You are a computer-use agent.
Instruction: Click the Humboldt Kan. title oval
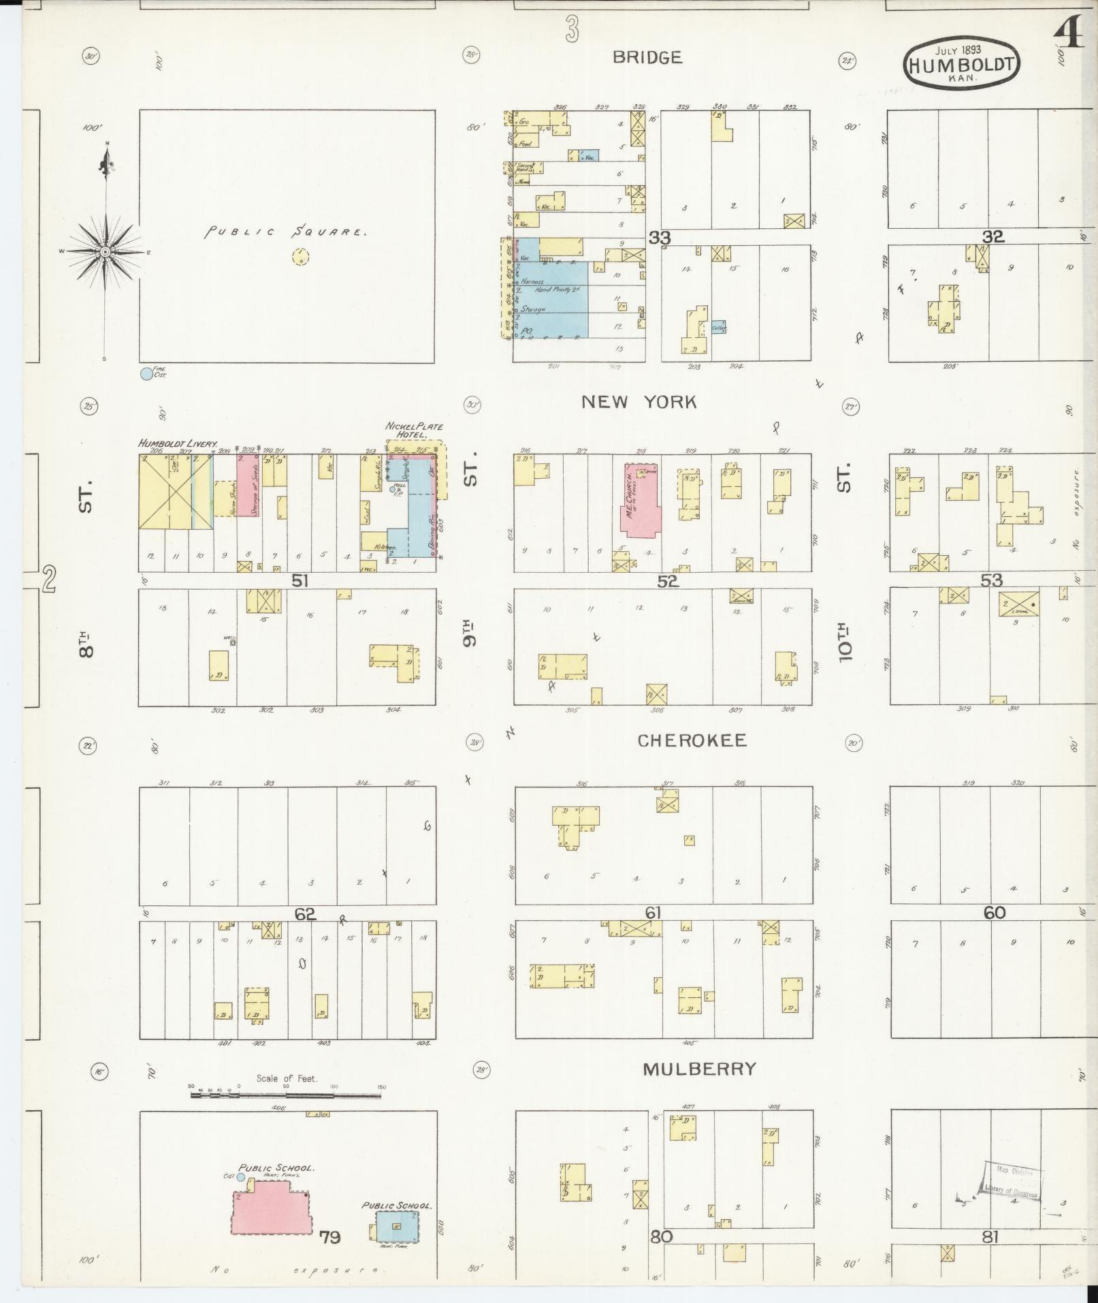[962, 64]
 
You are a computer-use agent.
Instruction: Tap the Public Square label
[287, 232]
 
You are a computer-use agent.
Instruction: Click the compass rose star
[105, 252]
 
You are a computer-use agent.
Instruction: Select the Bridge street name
[647, 57]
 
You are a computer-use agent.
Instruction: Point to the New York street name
[639, 402]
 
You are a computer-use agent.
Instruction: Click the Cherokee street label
[692, 740]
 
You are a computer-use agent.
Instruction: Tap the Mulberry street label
[699, 1069]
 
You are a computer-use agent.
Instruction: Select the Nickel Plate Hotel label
[414, 430]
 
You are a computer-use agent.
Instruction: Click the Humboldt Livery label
[178, 443]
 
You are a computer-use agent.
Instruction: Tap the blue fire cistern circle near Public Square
[146, 373]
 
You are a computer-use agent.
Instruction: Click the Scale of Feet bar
[286, 1095]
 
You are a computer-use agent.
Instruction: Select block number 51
[300, 580]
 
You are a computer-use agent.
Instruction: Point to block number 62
[305, 914]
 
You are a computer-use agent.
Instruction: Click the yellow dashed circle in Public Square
[300, 257]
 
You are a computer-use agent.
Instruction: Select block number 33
[659, 237]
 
